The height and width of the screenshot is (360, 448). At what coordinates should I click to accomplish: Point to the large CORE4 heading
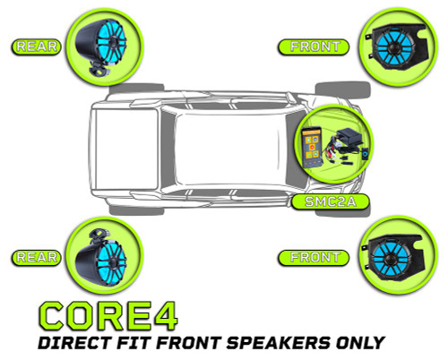[x=107, y=313]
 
